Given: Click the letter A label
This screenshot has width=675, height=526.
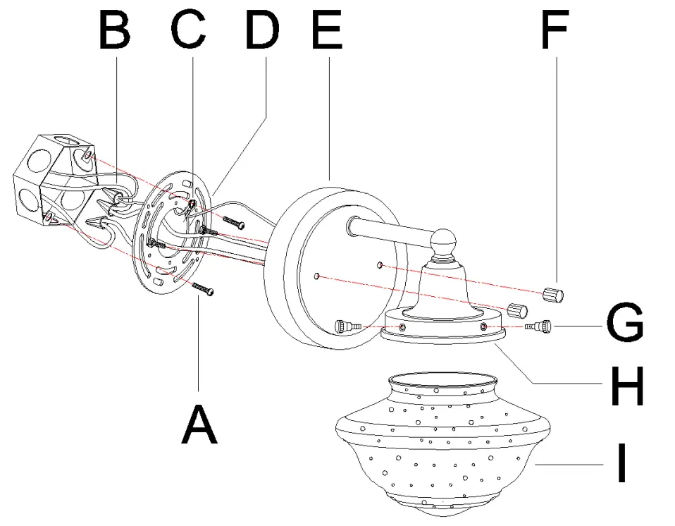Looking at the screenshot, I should [200, 424].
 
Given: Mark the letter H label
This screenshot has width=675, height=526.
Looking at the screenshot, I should [626, 387].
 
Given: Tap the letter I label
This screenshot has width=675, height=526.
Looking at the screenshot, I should [621, 463].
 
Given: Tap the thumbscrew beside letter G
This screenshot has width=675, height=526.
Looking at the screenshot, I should [542, 326].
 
